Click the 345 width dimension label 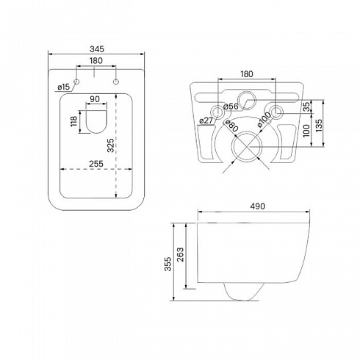[x=97, y=49]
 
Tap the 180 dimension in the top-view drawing [x=96, y=60]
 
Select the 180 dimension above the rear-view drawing [x=247, y=73]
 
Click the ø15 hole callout [x=64, y=87]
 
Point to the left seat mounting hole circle [x=76, y=82]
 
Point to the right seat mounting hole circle [x=116, y=82]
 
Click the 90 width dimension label [x=95, y=99]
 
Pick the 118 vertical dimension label [x=74, y=121]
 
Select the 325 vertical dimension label [x=111, y=145]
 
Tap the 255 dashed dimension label [x=96, y=164]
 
